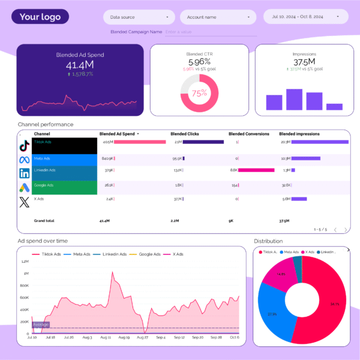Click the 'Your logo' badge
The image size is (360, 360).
pyautogui.click(x=40, y=17)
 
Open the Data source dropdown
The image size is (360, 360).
pyautogui.click(x=139, y=17)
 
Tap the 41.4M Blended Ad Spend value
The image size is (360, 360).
pyautogui.click(x=79, y=65)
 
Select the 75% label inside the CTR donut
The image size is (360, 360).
pyautogui.click(x=199, y=93)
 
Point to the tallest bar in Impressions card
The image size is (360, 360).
pyautogui.click(x=294, y=100)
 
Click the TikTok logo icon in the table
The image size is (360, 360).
pyautogui.click(x=25, y=145)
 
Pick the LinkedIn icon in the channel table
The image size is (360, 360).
pyautogui.click(x=25, y=173)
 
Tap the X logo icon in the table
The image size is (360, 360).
pyautogui.click(x=25, y=200)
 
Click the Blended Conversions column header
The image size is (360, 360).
pyautogui.click(x=249, y=134)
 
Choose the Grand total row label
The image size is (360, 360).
pyautogui.click(x=44, y=221)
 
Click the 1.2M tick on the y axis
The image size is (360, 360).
pyautogui.click(x=25, y=262)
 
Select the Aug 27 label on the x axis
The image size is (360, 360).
pyautogui.click(x=142, y=338)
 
